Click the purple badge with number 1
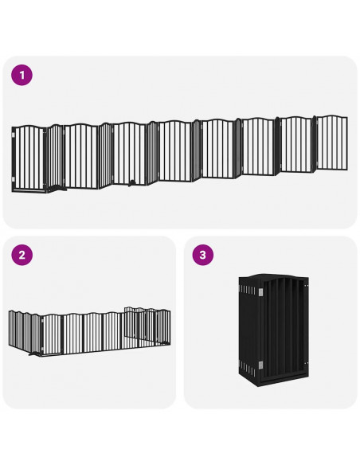pyautogui.click(x=22, y=76)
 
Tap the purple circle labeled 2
pyautogui.click(x=22, y=256)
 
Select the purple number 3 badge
pyautogui.click(x=203, y=256)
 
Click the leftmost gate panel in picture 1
pyautogui.click(x=30, y=158)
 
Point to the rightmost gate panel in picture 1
pyautogui.click(x=332, y=143)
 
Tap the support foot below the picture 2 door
pyautogui.click(x=32, y=357)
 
